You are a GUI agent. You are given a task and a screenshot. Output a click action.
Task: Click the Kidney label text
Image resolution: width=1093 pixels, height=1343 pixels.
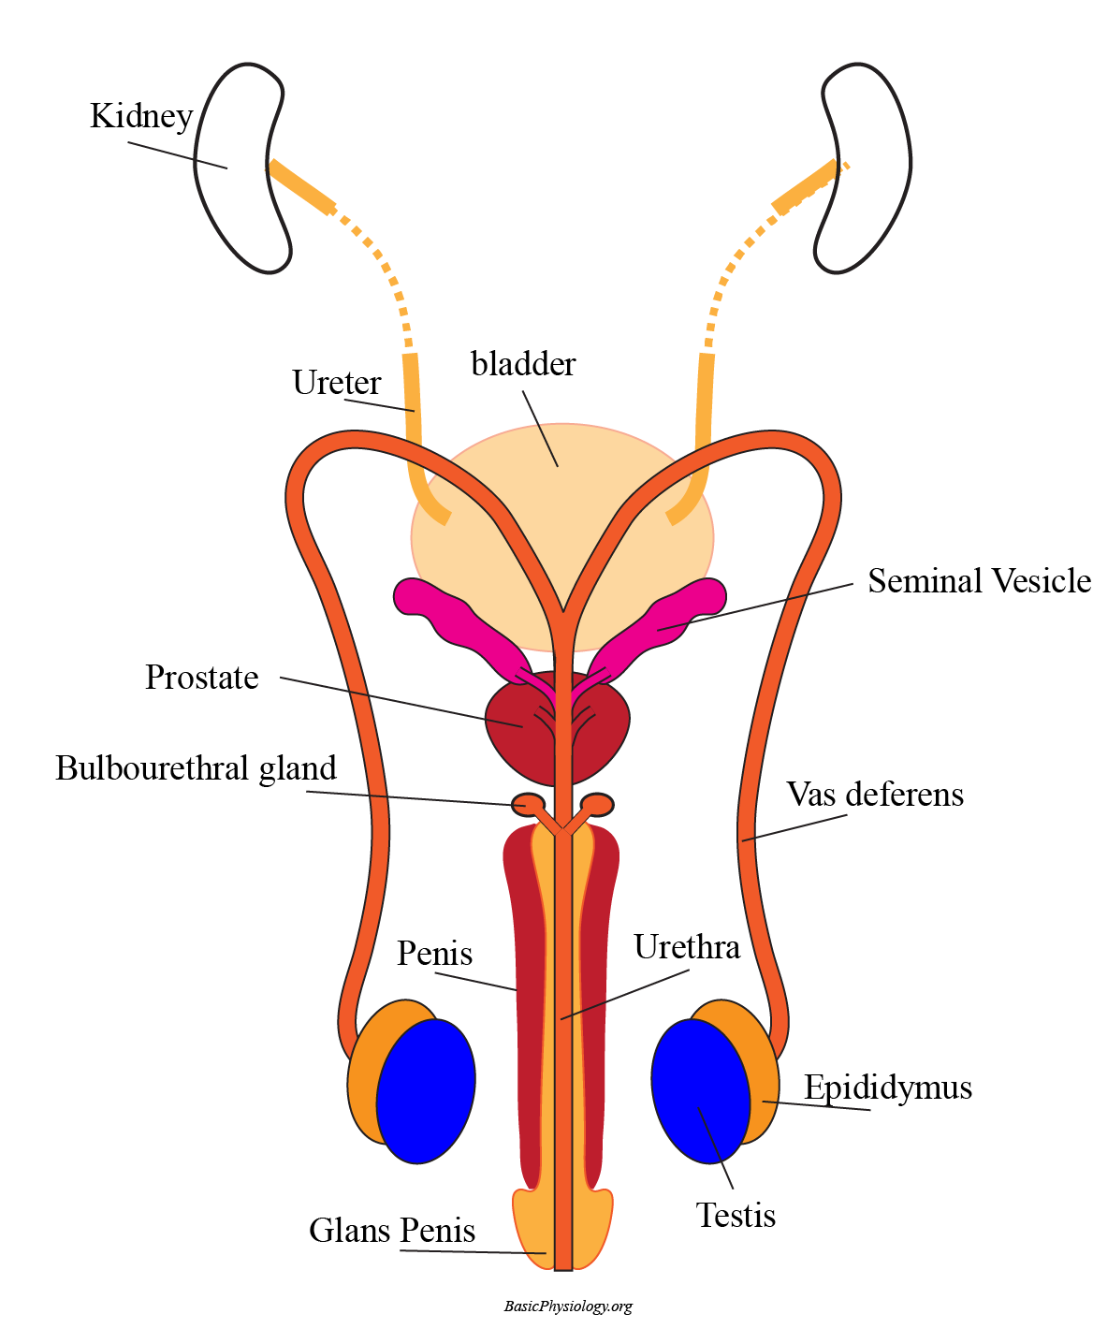pyautogui.click(x=141, y=116)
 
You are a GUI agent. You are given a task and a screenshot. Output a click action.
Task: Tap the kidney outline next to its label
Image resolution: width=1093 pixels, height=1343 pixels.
pyautogui.click(x=234, y=168)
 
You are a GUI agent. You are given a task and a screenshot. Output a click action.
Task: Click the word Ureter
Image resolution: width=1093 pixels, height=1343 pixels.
pyautogui.click(x=336, y=383)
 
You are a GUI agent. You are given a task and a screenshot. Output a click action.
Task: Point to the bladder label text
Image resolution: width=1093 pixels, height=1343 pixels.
pyautogui.click(x=523, y=364)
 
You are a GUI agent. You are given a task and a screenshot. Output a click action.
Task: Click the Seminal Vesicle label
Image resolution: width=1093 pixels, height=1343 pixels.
pyautogui.click(x=979, y=581)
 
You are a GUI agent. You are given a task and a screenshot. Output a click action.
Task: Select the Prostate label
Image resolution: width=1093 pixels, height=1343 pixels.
pyautogui.click(x=202, y=678)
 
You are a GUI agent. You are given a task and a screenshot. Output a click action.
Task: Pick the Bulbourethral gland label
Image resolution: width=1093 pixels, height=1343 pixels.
pyautogui.click(x=196, y=768)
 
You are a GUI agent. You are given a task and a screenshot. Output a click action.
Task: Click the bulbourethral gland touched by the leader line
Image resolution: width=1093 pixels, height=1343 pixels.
pyautogui.click(x=529, y=804)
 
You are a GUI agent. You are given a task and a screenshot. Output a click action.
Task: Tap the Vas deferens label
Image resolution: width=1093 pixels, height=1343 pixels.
pyautogui.click(x=875, y=795)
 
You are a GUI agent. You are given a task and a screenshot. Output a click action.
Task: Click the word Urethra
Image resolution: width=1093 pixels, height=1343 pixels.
pyautogui.click(x=687, y=947)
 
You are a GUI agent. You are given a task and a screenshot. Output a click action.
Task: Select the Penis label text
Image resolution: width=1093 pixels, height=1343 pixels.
pyautogui.click(x=434, y=954)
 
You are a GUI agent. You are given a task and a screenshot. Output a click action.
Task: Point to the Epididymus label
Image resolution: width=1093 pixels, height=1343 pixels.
pyautogui.click(x=888, y=1088)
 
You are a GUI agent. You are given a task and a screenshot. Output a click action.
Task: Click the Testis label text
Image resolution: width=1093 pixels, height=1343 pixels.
pyautogui.click(x=736, y=1216)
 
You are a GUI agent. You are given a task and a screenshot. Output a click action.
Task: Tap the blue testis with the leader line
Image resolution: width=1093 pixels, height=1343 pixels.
pyautogui.click(x=700, y=1090)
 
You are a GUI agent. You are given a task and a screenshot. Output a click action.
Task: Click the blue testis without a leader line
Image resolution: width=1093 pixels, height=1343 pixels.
pyautogui.click(x=426, y=1090)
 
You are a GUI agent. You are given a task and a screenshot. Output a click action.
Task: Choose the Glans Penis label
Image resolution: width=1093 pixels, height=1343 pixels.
pyautogui.click(x=392, y=1231)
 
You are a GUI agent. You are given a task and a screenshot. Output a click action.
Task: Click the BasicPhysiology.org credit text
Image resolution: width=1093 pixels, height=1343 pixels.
pyautogui.click(x=568, y=1307)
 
